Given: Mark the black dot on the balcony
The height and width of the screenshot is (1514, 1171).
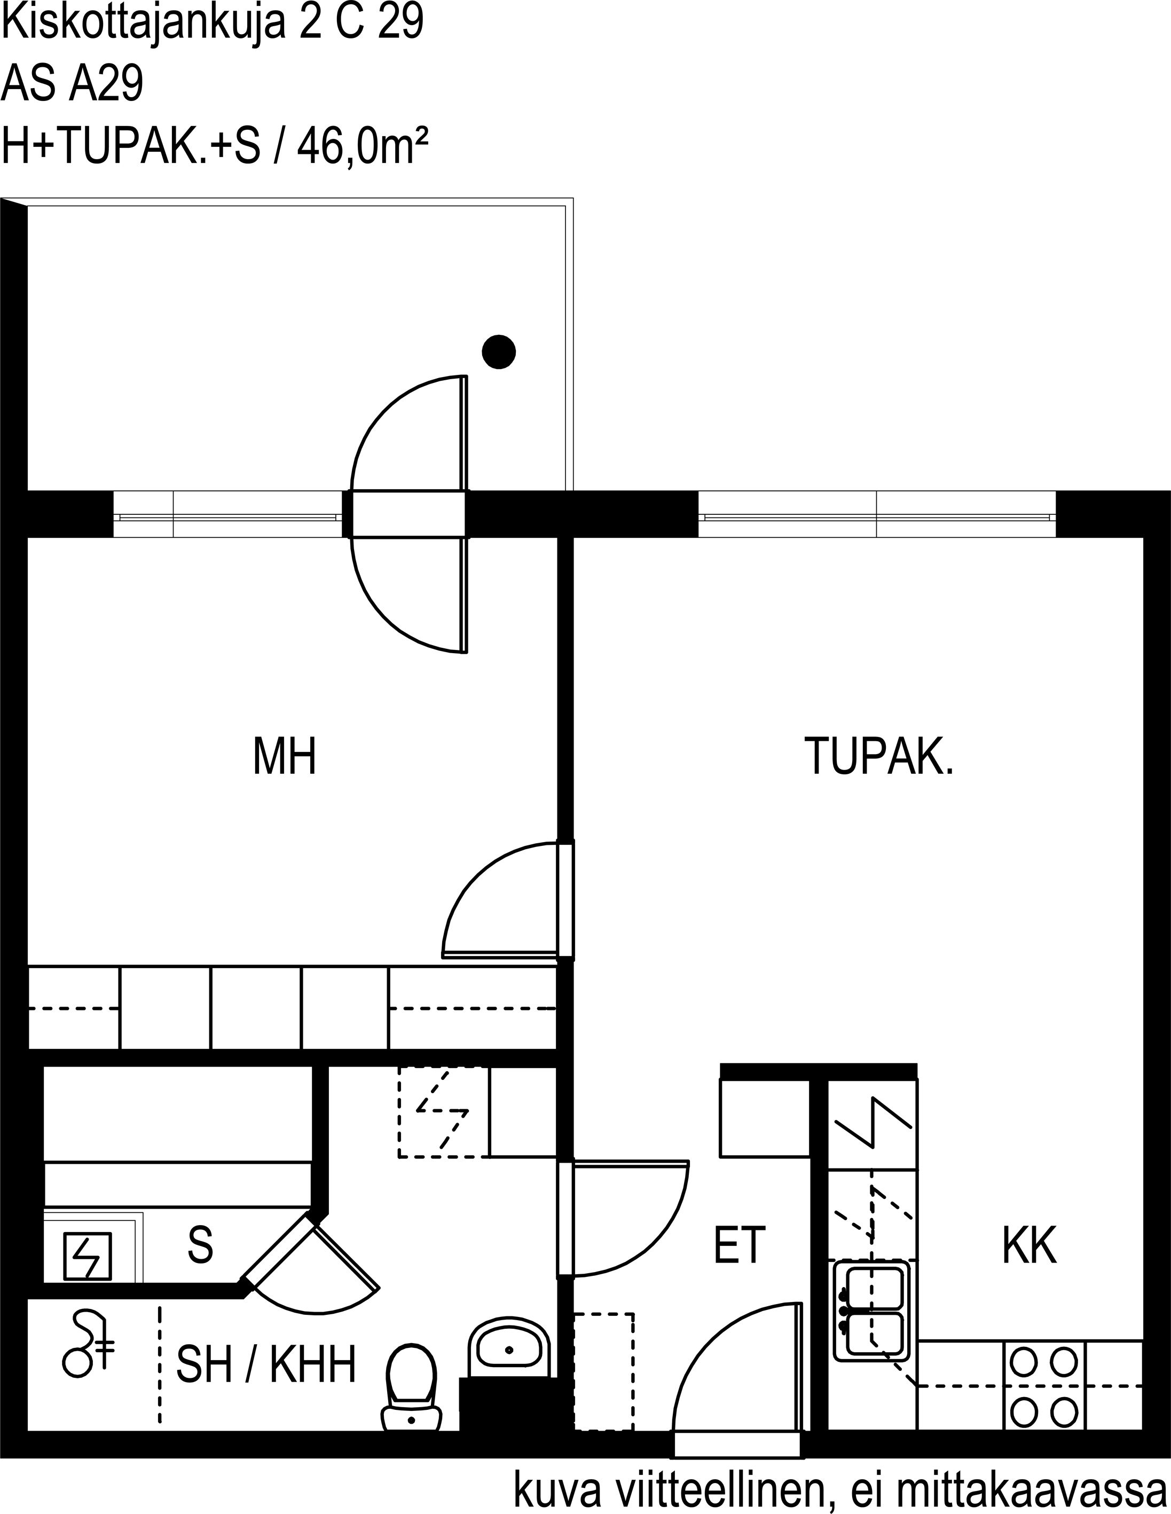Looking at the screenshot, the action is pos(499,351).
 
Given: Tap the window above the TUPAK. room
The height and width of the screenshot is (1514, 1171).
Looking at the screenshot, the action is pos(877,514).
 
